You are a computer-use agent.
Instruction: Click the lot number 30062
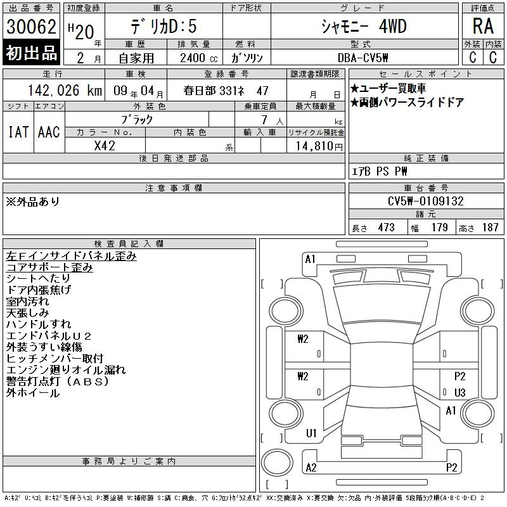pyautogui.click(x=31, y=26)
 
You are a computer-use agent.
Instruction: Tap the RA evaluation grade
pyautogui.click(x=483, y=26)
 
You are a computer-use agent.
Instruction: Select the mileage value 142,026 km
pyautogui.click(x=65, y=91)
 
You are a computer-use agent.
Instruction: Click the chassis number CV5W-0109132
pyautogui.click(x=426, y=201)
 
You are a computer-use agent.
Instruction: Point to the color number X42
pyautogui.click(x=105, y=146)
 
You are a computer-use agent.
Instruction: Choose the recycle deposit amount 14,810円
pyautogui.click(x=319, y=146)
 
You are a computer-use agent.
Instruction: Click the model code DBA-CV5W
pyautogui.click(x=363, y=58)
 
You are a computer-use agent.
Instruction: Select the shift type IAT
pyautogui.click(x=18, y=132)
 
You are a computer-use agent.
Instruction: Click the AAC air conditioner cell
pyautogui.click(x=49, y=132)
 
